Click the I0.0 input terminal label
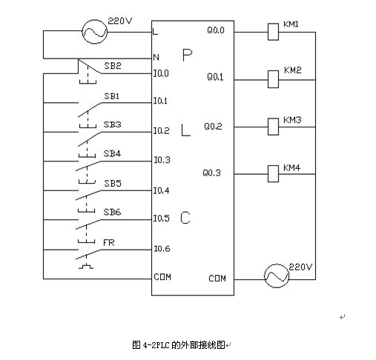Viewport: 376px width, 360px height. point(161,73)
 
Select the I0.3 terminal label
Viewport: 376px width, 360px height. point(162,160)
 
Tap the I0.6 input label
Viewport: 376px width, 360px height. point(162,249)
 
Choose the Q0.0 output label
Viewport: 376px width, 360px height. point(216,30)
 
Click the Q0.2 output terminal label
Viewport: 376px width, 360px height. point(213,126)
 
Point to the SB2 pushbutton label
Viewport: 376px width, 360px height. point(113,66)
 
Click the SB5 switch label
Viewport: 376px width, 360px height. point(113,183)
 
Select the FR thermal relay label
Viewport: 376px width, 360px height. point(109,243)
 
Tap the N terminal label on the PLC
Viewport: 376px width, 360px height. point(156,57)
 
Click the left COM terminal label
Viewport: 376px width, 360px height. point(162,277)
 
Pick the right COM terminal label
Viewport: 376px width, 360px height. point(217,279)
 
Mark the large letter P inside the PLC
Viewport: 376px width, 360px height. point(187,55)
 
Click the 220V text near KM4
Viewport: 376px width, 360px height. point(300,267)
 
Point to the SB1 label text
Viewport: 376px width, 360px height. point(111,96)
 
